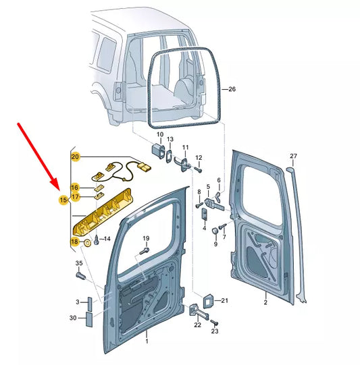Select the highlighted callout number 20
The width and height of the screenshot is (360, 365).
(76, 157)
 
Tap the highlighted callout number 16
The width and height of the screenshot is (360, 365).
(75, 187)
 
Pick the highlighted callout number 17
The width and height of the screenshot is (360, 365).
(75, 197)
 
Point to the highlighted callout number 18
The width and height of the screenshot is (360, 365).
(75, 241)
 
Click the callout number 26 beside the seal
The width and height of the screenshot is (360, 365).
(232, 89)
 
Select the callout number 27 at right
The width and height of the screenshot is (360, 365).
(293, 157)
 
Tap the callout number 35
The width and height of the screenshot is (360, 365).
(78, 263)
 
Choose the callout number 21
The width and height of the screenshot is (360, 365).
(226, 300)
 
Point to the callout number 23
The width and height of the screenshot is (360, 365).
(215, 331)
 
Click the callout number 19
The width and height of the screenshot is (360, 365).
(145, 240)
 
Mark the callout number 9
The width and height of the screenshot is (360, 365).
(216, 244)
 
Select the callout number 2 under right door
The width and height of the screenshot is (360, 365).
(265, 303)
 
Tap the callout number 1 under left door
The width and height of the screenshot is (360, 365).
(147, 343)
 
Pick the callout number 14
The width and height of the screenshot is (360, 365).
(107, 239)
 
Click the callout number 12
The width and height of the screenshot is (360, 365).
(199, 159)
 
